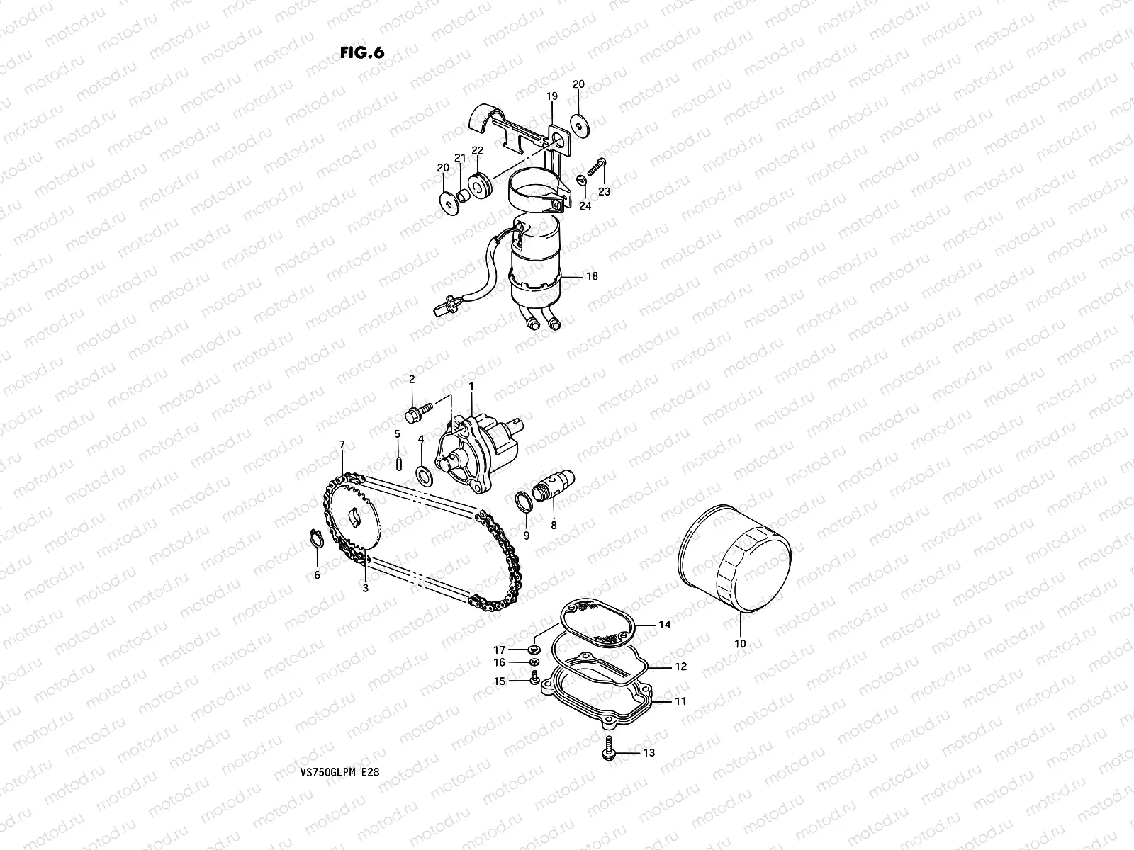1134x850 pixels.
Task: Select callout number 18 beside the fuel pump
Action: coord(592,276)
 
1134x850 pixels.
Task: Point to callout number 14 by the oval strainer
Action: coord(664,625)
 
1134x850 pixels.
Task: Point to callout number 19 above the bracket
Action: coord(551,96)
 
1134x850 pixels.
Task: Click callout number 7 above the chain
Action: coord(342,445)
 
